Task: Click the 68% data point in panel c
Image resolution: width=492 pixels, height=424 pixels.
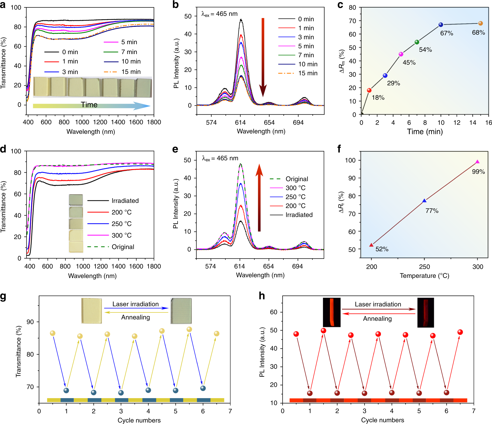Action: pos(480,23)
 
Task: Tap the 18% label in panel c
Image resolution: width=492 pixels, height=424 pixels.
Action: pos(378,98)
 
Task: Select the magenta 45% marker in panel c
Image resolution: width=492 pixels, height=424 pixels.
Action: pos(401,54)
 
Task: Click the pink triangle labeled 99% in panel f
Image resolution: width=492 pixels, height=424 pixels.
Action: pos(477,162)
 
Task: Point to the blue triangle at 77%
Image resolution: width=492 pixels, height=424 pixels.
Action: pos(424,201)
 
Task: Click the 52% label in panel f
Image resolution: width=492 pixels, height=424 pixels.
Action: pos(382,249)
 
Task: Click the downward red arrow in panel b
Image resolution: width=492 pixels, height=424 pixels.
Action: pos(263,57)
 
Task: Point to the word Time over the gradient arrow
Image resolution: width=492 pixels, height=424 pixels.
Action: pos(89,105)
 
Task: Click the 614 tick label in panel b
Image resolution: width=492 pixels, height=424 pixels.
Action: pos(240,123)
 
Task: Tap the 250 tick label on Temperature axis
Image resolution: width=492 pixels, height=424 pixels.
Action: pos(424,267)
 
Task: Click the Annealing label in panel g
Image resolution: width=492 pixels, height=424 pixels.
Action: pos(135,317)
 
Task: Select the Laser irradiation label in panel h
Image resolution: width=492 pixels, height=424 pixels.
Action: pos(378,304)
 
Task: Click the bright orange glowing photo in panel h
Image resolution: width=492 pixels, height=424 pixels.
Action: pos(331,312)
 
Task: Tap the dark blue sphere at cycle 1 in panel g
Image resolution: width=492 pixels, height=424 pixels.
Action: pos(66,390)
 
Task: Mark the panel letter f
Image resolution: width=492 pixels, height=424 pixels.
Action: pos(339,149)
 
